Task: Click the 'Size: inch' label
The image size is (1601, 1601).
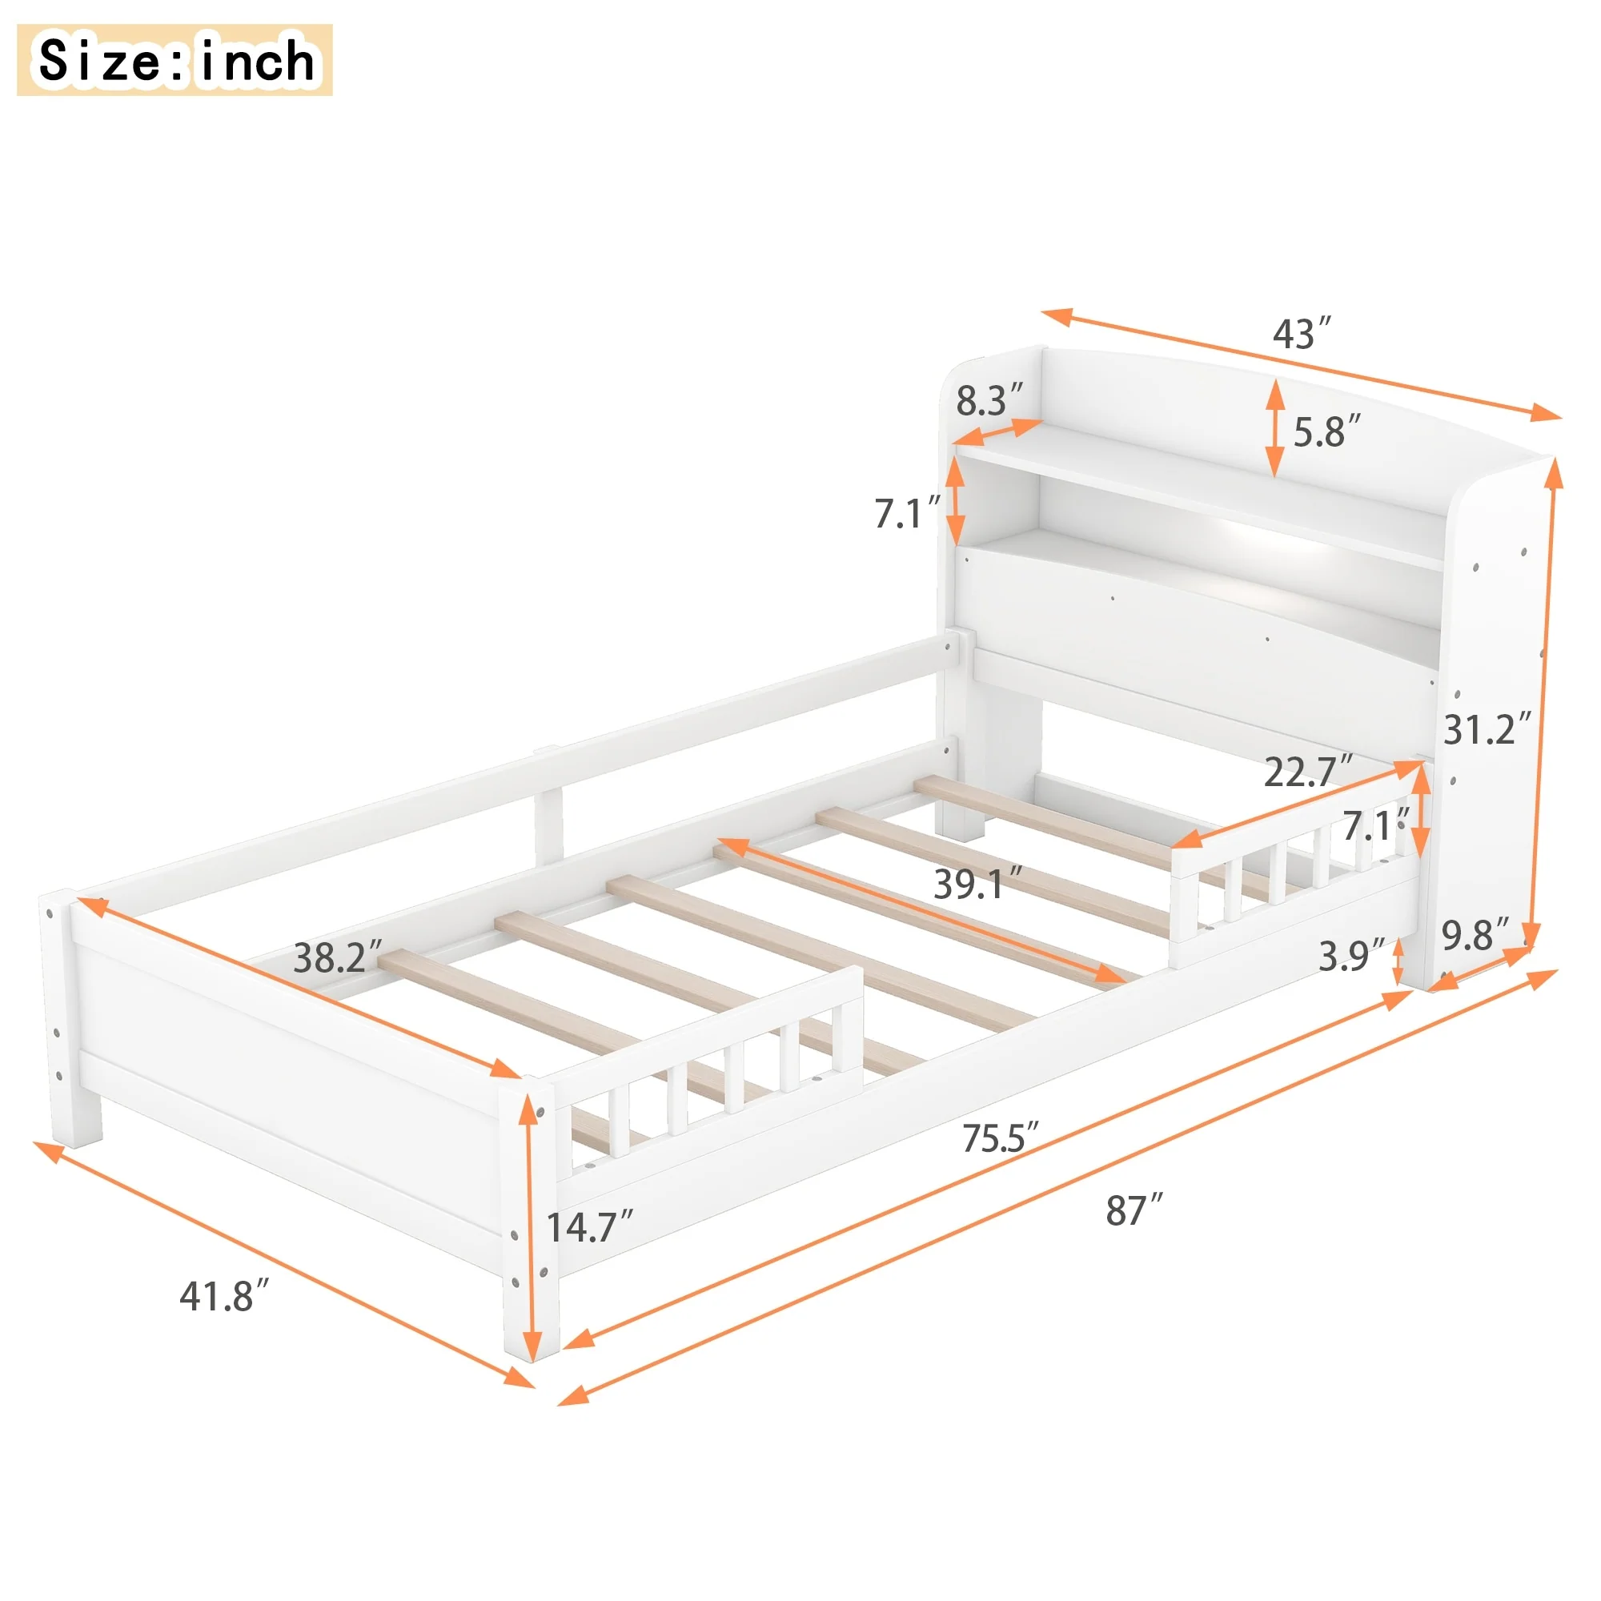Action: coord(175,60)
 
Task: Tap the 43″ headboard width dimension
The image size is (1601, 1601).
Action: coord(1302,333)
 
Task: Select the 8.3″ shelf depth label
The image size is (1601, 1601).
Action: coord(989,400)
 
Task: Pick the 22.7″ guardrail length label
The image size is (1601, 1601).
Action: coord(1309,772)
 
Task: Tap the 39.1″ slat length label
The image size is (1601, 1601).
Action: coord(979,885)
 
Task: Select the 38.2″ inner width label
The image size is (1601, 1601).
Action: coord(338,957)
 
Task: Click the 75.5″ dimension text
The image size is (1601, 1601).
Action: coord(1000,1138)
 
